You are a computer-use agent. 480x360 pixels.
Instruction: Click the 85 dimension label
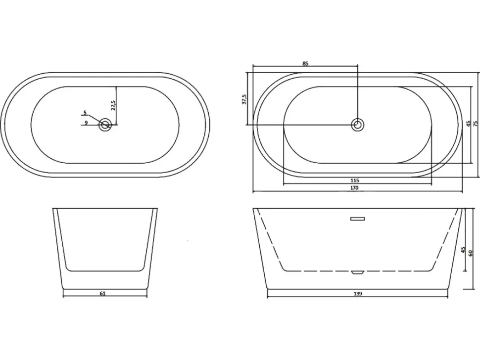[x=305, y=64]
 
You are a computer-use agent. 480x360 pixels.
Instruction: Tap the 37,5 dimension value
[x=244, y=99]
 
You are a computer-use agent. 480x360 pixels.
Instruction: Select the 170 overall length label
[x=354, y=188]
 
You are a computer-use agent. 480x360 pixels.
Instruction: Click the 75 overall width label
[x=476, y=123]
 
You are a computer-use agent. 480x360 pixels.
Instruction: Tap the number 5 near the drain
[x=86, y=113]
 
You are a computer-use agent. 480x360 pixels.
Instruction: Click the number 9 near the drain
[x=86, y=123]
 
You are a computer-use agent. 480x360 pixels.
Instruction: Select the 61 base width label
[x=102, y=294]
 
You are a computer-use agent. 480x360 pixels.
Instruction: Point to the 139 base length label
[x=358, y=294]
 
